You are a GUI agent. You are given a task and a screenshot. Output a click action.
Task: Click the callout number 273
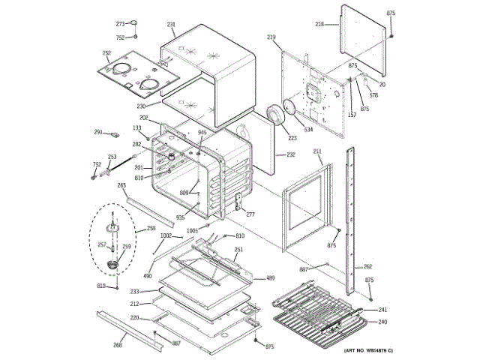point(120,25)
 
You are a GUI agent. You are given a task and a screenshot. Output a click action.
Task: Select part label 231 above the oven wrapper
point(172,25)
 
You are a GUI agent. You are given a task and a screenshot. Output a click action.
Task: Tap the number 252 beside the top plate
point(106,53)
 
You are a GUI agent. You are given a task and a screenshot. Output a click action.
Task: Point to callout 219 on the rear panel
point(271,37)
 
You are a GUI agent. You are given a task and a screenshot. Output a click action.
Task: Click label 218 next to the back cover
point(319,24)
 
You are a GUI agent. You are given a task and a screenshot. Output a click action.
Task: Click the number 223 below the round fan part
point(292,138)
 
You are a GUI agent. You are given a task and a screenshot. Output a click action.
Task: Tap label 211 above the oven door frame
point(317,151)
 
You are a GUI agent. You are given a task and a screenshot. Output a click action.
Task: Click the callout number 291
point(98,132)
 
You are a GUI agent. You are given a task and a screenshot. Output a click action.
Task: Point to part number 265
point(121,185)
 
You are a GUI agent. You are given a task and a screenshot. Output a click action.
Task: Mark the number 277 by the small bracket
point(250,214)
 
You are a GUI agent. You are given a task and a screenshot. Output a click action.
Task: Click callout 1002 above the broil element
point(166,235)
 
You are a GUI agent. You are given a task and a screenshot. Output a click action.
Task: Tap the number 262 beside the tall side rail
point(367,267)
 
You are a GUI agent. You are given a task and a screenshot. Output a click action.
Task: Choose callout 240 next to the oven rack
point(382,322)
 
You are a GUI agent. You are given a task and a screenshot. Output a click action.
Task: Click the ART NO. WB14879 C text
point(368,351)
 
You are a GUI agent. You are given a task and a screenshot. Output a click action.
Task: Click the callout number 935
point(180,217)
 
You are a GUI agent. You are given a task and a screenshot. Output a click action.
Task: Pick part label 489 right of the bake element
point(270,278)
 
